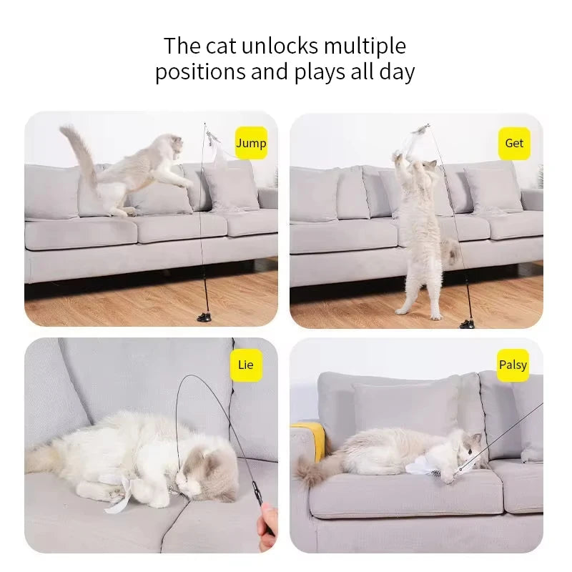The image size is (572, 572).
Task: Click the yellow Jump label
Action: click(x=251, y=143)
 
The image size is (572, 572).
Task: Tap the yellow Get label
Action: click(x=514, y=143)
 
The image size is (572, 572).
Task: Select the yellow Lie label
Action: click(x=245, y=365)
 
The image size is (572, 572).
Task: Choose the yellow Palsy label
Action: click(x=513, y=365)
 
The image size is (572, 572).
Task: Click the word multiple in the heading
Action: click(x=365, y=46)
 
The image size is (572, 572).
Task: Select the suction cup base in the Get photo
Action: click(x=468, y=323)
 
